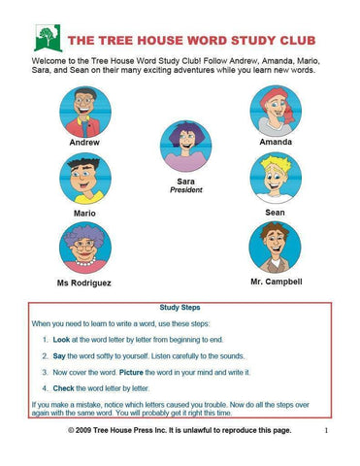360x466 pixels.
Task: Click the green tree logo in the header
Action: tap(44, 38)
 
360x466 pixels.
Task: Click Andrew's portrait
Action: tap(85, 109)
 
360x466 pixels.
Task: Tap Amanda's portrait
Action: tap(275, 109)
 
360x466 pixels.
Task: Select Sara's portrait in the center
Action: tap(180, 146)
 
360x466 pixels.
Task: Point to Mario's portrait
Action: tap(85, 179)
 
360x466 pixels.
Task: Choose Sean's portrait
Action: tap(275, 177)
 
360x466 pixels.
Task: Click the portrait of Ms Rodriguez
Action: tap(85, 247)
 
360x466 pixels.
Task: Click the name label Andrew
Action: tap(84, 142)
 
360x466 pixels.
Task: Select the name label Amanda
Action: tap(275, 142)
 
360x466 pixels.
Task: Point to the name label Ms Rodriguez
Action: tap(85, 283)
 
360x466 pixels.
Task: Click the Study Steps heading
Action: tap(180, 307)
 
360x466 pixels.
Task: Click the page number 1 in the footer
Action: tap(326, 429)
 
